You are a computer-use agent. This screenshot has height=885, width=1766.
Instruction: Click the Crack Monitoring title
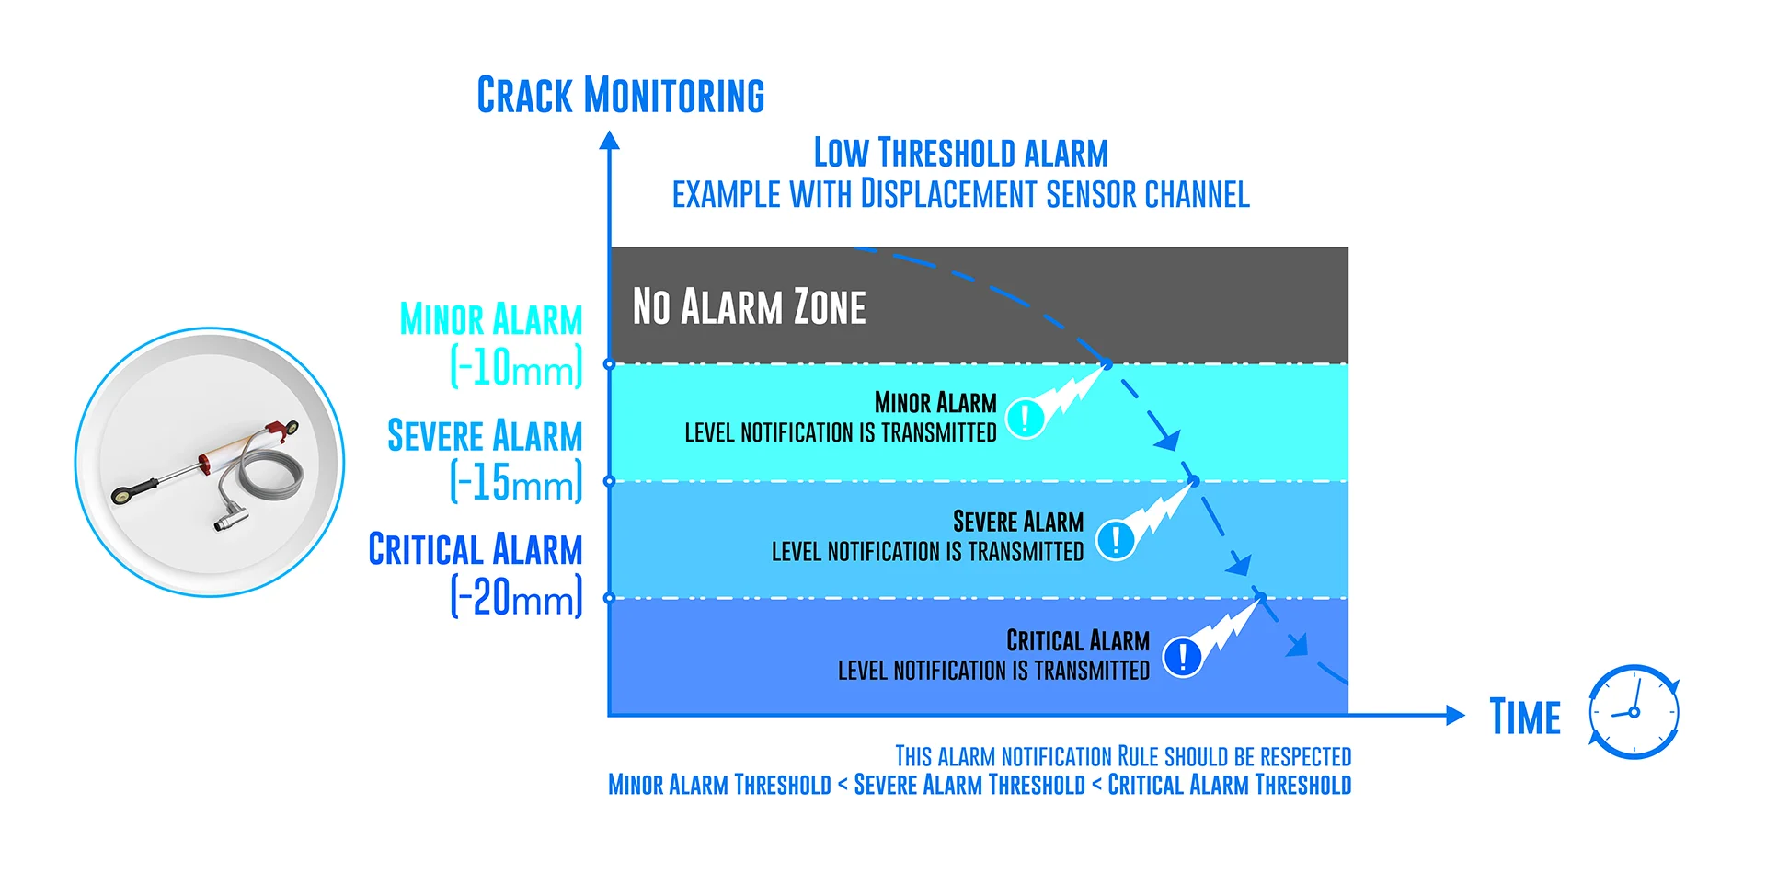pos(620,96)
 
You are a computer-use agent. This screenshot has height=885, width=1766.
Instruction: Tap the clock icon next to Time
pos(1634,712)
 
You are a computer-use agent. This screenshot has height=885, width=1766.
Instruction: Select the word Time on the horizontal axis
pos(1525,718)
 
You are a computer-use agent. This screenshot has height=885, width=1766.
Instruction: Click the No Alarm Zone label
pos(749,307)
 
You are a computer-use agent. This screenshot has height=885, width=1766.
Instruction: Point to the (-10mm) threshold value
pos(516,367)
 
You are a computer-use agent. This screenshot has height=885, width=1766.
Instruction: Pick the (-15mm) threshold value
pos(516,482)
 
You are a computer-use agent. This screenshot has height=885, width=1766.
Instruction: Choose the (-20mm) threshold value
pos(516,597)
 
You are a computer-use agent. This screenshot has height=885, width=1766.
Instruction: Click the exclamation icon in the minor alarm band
pos(1025,418)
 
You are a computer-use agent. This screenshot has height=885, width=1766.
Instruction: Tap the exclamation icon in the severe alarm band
pos(1115,540)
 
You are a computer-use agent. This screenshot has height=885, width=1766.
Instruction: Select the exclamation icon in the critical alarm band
pos(1182,657)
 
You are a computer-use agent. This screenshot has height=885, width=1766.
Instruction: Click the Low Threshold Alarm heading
pos(960,153)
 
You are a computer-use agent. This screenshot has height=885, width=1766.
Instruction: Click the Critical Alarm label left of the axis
pos(475,550)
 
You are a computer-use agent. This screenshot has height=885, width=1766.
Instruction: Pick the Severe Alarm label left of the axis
pos(484,436)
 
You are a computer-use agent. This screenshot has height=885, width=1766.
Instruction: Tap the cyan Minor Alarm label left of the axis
pos(490,320)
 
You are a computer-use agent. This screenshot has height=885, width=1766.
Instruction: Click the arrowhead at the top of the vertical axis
pos(609,141)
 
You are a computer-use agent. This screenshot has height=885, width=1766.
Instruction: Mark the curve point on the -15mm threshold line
pos(1194,480)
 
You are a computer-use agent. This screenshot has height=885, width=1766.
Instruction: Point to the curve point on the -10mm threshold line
pos(1107,364)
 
